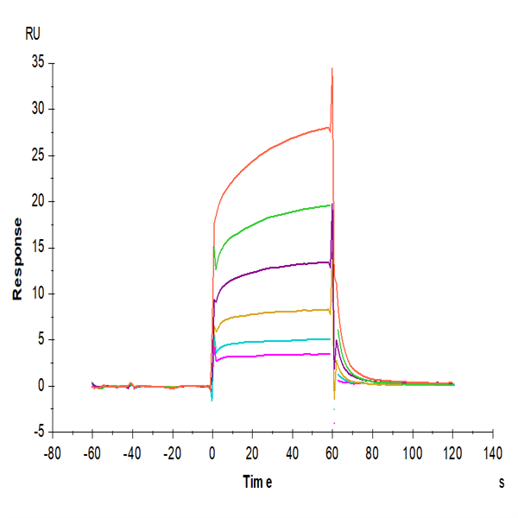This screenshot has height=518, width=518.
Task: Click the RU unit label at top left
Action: (x=32, y=35)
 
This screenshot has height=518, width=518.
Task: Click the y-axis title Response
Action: (x=17, y=259)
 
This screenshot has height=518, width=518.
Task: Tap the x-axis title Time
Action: (x=257, y=483)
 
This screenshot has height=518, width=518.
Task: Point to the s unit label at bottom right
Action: (x=501, y=483)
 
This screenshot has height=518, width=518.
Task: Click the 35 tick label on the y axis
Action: (x=35, y=63)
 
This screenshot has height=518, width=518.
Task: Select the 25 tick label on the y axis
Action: (x=35, y=155)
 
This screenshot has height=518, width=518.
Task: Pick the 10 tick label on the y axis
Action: (x=35, y=294)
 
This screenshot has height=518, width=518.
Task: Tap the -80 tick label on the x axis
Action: (x=53, y=452)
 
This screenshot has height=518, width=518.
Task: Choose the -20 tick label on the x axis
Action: (x=172, y=452)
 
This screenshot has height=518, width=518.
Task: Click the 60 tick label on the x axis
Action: (x=332, y=452)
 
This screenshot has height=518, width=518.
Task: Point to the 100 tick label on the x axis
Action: (x=413, y=452)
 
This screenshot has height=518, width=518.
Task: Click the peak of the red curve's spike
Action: (x=332, y=68)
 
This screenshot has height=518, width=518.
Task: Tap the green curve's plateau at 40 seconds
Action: (x=293, y=211)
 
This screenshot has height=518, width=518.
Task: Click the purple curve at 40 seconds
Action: (x=293, y=264)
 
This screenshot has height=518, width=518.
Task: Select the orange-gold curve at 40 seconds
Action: (x=293, y=311)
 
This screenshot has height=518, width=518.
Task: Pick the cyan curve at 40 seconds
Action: (x=293, y=340)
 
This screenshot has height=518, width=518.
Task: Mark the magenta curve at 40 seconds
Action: (x=293, y=354)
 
